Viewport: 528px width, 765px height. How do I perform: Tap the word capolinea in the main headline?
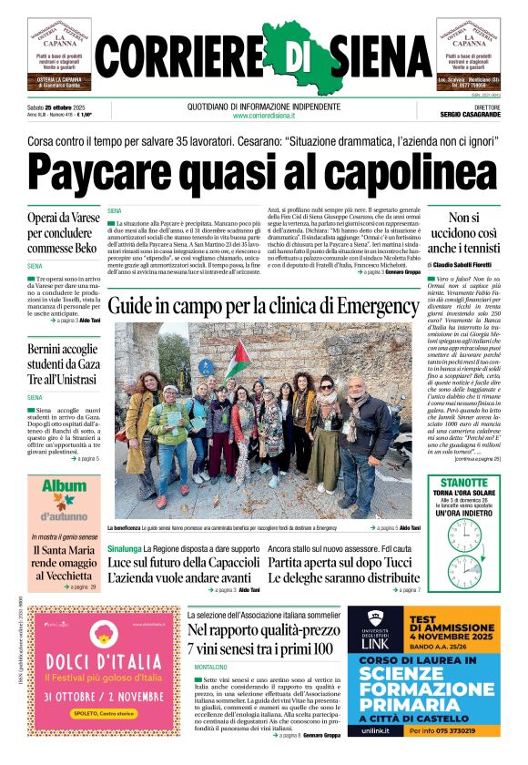(409, 170)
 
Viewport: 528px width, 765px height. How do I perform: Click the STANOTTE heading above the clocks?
(464, 482)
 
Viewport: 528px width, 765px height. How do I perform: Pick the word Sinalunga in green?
(125, 549)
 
